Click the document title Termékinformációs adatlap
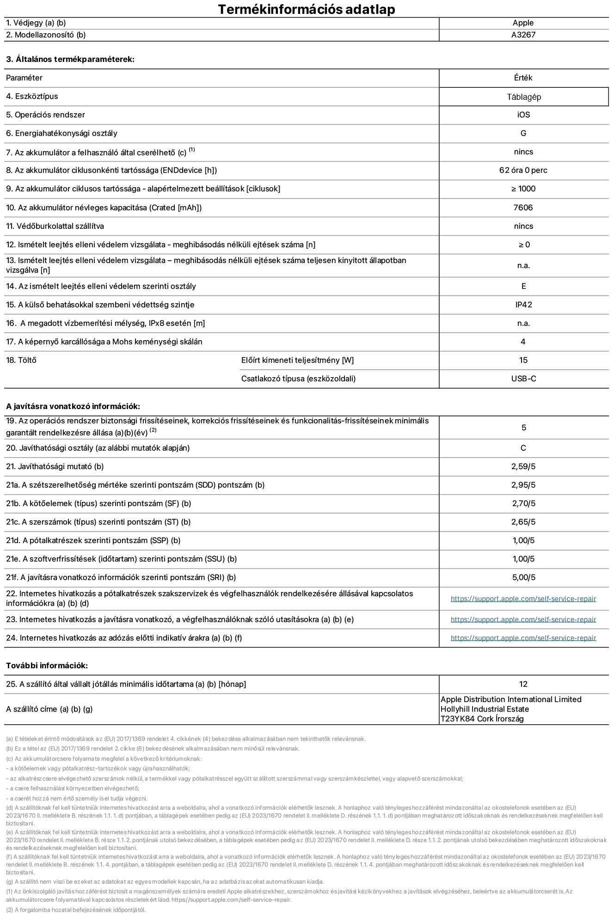pyautogui.click(x=307, y=9)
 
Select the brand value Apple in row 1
pyautogui.click(x=523, y=23)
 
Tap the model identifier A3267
pyautogui.click(x=523, y=35)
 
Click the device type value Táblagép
pyautogui.click(x=523, y=97)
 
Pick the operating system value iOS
pyautogui.click(x=523, y=115)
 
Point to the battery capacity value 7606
pyautogui.click(x=523, y=208)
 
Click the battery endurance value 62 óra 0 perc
pyautogui.click(x=523, y=171)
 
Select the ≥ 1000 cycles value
pyautogui.click(x=523, y=189)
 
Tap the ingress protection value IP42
pyautogui.click(x=523, y=305)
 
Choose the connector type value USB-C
pyautogui.click(x=523, y=379)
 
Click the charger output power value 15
pyautogui.click(x=523, y=360)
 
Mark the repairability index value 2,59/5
pyautogui.click(x=523, y=467)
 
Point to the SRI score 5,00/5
pyautogui.click(x=523, y=578)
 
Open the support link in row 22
pyautogui.click(x=523, y=599)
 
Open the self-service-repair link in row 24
pyautogui.click(x=523, y=638)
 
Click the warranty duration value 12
pyautogui.click(x=523, y=684)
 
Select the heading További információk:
pyautogui.click(x=47, y=666)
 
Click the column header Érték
pyautogui.click(x=523, y=78)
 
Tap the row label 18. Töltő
pyautogui.click(x=21, y=360)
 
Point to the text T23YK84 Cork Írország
pyautogui.click(x=482, y=719)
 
